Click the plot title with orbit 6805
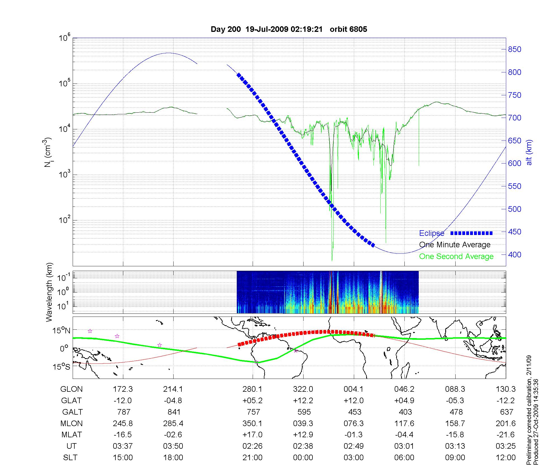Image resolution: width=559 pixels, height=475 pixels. [x=289, y=29]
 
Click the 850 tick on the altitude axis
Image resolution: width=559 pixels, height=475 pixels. [x=514, y=49]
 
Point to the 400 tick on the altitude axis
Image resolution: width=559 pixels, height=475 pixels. [x=514, y=255]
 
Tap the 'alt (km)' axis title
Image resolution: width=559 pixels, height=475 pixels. [x=529, y=152]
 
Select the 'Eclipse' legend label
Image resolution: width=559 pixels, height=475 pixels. [x=432, y=233]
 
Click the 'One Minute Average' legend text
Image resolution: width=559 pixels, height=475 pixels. [x=455, y=245]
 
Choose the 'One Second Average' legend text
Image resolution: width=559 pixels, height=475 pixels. [x=456, y=256]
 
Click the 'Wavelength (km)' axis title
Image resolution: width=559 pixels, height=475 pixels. [x=50, y=292]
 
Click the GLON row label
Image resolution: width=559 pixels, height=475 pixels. [x=72, y=389]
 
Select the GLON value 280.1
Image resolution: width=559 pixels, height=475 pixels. [x=252, y=389]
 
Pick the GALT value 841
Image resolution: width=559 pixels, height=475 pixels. [x=174, y=412]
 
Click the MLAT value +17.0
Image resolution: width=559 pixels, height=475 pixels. [x=252, y=435]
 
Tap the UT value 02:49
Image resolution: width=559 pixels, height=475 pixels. [x=354, y=446]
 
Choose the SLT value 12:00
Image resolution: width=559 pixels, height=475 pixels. [x=506, y=458]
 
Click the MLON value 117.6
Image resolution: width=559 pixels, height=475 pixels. [x=404, y=424]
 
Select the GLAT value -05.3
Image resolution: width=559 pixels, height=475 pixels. [x=455, y=401]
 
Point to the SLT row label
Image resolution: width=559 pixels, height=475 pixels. [x=70, y=458]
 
